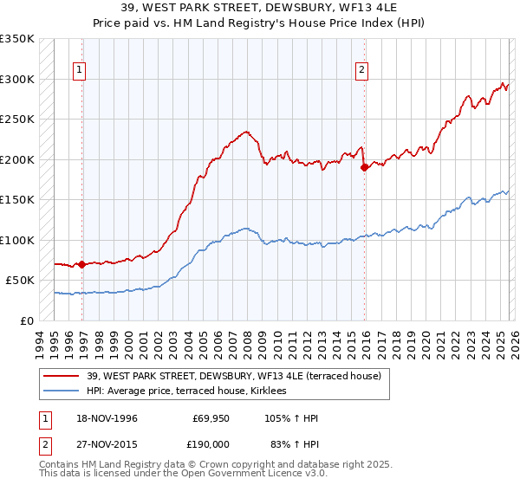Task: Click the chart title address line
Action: [260, 7]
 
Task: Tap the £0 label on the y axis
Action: [27, 320]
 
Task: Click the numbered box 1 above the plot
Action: [80, 71]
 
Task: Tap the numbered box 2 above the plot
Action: [361, 71]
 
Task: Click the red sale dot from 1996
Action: [81, 264]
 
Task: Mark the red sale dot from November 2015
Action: [364, 168]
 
